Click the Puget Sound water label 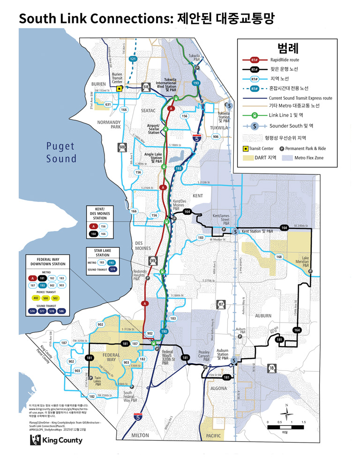pos(61,152)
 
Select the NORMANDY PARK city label pos(109,124)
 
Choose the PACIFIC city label pos(213,436)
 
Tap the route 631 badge pos(108,104)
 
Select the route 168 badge pos(279,257)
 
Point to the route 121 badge pos(133,60)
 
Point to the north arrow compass pos(286,412)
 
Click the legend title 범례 pos(285,48)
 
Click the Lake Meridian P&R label pos(306,262)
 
